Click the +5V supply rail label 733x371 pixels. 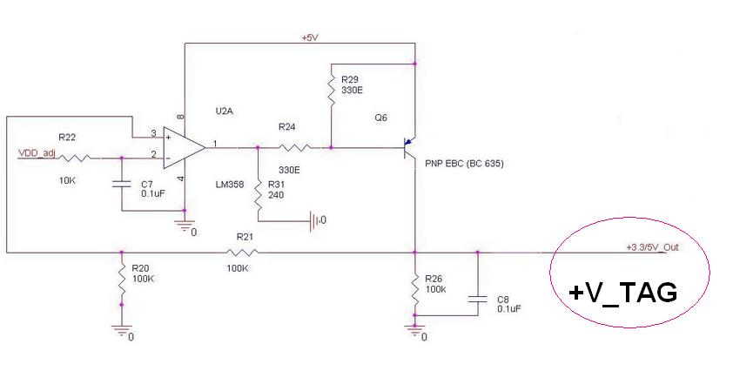[309, 38]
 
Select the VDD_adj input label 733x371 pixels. [37, 153]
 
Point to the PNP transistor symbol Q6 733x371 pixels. [409, 148]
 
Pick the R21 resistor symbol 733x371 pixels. [240, 253]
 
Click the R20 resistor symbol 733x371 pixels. [121, 281]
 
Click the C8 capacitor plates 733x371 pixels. [476, 298]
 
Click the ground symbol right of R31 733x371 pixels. [315, 221]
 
